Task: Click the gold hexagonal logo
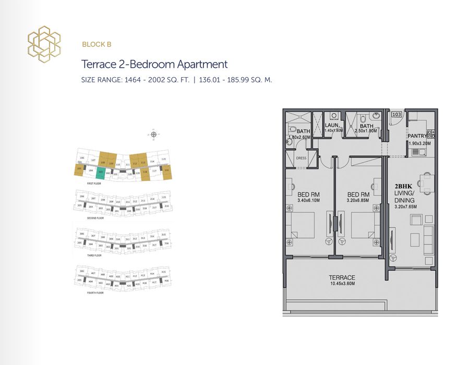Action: [x=44, y=44]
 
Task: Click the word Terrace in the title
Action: [x=98, y=65]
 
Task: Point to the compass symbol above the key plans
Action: [x=153, y=135]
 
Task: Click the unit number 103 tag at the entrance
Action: [x=396, y=114]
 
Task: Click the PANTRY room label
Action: [x=418, y=136]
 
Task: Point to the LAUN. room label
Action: [x=332, y=126]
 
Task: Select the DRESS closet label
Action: [x=300, y=158]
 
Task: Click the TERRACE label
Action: [x=342, y=277]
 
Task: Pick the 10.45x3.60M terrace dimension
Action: [x=342, y=284]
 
